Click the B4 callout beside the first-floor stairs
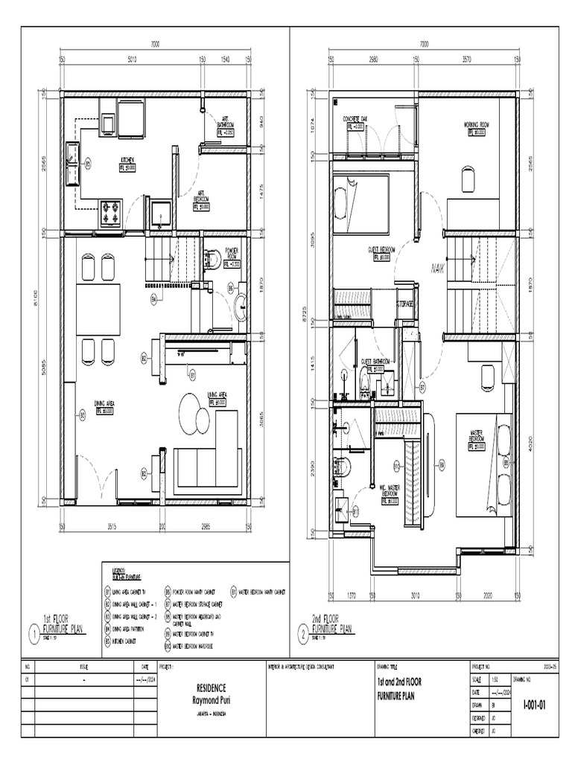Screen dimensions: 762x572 click(154, 299)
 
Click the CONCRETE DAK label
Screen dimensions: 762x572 click(357, 119)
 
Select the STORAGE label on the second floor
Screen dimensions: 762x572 click(404, 304)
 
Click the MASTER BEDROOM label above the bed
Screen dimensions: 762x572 click(477, 435)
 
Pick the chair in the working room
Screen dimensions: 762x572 click(467, 179)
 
